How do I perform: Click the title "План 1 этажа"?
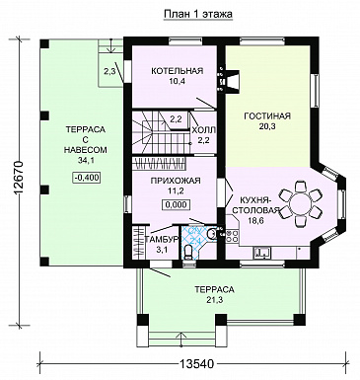198,14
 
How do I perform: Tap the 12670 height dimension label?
18,179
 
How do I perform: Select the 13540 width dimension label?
196,364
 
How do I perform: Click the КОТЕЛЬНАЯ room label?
178,71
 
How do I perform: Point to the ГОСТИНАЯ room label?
267,115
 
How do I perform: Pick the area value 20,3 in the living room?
267,126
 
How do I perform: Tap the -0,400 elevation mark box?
87,178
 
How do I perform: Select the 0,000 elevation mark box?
176,204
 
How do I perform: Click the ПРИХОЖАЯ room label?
176,181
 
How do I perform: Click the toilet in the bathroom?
188,253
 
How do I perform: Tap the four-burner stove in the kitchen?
232,236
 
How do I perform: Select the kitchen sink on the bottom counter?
262,253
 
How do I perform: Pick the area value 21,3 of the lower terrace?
214,300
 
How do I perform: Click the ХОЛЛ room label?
203,130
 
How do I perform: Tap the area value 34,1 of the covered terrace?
85,160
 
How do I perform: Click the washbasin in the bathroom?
212,234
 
